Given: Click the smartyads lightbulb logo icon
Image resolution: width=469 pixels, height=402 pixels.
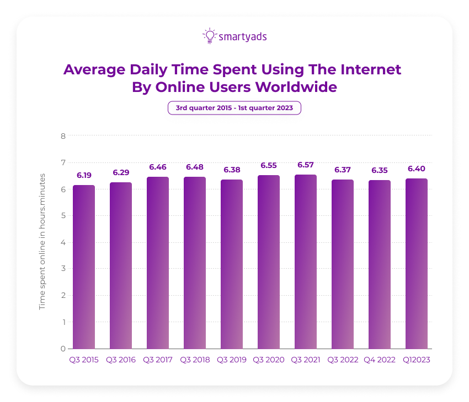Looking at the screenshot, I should point(209,36).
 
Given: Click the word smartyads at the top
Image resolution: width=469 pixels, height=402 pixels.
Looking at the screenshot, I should point(243,37).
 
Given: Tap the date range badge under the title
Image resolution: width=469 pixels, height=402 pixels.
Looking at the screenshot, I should point(234,108).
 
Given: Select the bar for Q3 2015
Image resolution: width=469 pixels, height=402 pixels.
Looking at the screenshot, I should point(84,267).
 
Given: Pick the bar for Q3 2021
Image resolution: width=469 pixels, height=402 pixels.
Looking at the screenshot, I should point(305,262).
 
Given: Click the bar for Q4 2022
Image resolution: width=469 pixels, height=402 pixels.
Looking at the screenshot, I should point(379,264).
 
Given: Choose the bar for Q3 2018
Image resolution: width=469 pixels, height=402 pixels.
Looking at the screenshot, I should point(195,263).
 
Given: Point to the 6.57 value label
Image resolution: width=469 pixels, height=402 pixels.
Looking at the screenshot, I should point(305,165).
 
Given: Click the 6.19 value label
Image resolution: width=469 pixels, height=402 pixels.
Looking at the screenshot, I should point(84,175).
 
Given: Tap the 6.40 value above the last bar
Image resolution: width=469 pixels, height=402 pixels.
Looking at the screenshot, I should point(416,169).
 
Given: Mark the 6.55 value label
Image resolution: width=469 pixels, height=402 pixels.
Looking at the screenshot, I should point(268,165).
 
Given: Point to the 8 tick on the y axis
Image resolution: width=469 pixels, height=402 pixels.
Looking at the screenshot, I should point(63,136).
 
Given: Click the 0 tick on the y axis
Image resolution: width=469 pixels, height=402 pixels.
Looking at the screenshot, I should point(63,349).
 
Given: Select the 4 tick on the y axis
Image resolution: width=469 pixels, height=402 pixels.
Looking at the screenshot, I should point(63,242).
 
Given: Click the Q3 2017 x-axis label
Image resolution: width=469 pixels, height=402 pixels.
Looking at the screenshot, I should point(158,360).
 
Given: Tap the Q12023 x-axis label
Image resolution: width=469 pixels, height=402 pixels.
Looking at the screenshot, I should point(416,360).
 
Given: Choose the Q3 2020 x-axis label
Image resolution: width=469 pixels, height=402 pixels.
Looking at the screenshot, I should point(268,360).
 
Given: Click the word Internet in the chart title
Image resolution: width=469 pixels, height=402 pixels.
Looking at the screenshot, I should point(369,70).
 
